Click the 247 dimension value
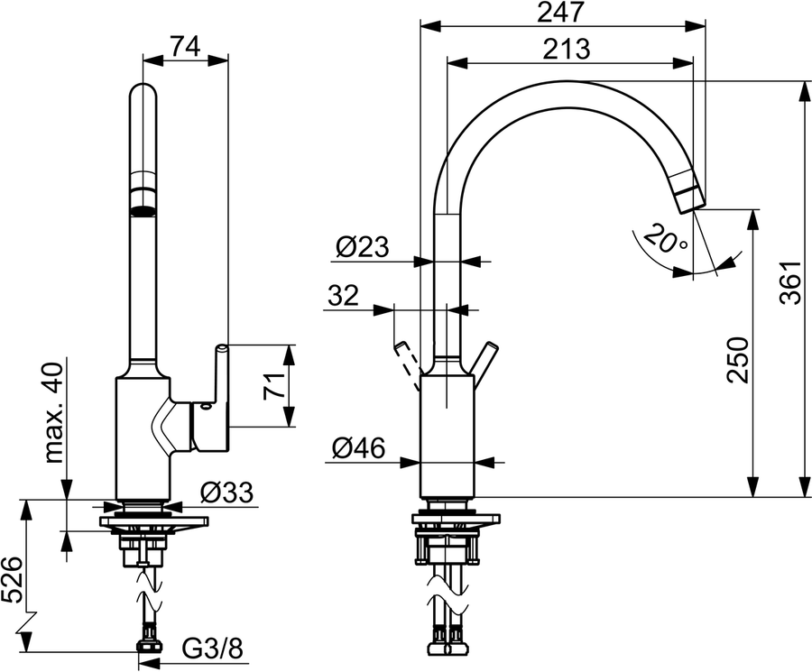561,13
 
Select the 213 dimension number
567,50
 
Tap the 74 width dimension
185,48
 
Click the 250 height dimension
738,361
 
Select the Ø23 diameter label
362,246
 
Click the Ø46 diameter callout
358,447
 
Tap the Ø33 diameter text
226,492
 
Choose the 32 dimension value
343,296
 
